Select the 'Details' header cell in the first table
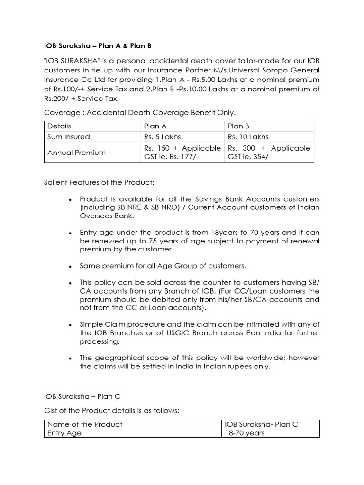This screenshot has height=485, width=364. click(x=59, y=126)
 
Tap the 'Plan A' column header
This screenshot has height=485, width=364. click(x=155, y=126)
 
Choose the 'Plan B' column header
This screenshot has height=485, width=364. click(x=238, y=126)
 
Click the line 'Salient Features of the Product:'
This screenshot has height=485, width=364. click(x=100, y=182)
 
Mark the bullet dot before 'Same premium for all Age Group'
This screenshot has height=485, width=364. click(x=70, y=266)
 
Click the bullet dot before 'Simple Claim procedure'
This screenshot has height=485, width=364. click(x=70, y=324)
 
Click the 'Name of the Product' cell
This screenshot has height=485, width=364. click(x=85, y=424)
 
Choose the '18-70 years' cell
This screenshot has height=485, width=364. click(x=245, y=433)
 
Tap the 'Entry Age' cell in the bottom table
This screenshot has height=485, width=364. click(x=64, y=433)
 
